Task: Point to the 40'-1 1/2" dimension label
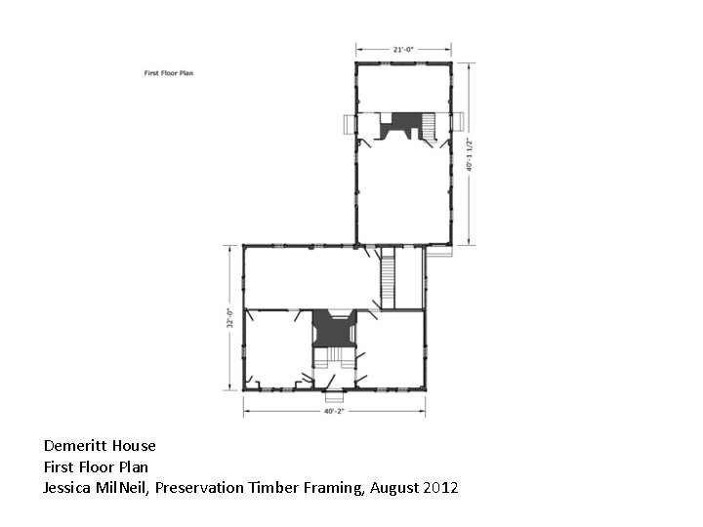[470, 153]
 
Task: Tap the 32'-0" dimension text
[230, 318]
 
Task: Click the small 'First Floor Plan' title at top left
[168, 73]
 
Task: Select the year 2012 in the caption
[440, 487]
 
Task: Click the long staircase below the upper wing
[388, 278]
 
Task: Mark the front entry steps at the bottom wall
[334, 396]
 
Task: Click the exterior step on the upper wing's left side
[348, 126]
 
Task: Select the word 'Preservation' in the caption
[200, 487]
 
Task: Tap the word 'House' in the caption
[135, 446]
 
